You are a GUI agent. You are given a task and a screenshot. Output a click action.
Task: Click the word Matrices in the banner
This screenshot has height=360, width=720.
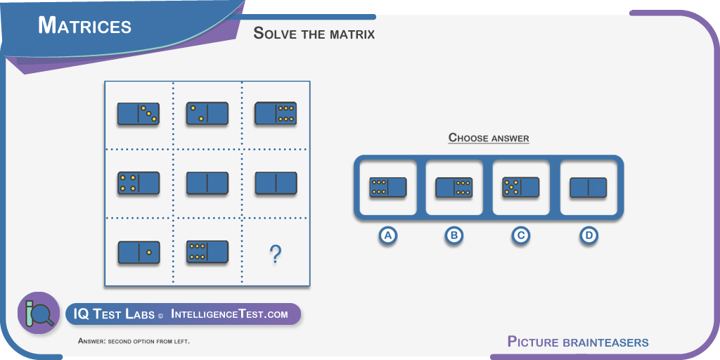(x=85, y=25)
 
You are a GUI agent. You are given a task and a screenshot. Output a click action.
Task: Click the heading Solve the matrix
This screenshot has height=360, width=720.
(x=314, y=33)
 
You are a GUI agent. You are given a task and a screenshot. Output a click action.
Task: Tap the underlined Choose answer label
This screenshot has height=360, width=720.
(x=489, y=137)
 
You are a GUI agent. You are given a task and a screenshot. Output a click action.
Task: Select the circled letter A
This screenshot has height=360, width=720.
(x=387, y=236)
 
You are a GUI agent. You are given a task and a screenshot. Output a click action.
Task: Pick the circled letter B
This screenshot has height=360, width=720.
(x=454, y=236)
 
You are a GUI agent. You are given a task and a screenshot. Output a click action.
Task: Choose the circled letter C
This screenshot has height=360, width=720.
(x=521, y=236)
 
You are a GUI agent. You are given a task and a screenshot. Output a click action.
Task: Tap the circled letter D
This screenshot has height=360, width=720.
(x=589, y=236)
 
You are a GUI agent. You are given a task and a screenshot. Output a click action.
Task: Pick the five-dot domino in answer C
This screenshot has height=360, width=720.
(x=521, y=187)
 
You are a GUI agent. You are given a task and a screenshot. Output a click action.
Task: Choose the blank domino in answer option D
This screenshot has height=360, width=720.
(x=589, y=188)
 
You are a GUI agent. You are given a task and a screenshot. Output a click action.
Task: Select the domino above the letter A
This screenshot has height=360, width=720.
(x=388, y=187)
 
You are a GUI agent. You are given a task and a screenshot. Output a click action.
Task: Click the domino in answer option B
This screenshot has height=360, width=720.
(x=454, y=187)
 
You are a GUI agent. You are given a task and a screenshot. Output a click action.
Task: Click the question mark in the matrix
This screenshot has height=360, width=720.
(x=275, y=254)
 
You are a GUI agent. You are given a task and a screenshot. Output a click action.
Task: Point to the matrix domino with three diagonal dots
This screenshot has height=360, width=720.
(x=139, y=114)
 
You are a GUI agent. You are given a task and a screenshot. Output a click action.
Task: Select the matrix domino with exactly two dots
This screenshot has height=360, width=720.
(x=207, y=113)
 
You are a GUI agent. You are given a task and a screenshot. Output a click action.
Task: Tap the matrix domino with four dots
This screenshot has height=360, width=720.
(x=139, y=183)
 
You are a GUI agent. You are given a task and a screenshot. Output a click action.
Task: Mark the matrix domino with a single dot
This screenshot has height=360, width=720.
(x=139, y=252)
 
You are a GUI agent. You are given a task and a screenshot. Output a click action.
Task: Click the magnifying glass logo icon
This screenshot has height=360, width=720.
(x=39, y=313)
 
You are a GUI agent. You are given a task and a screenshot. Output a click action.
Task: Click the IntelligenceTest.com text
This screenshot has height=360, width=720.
(x=230, y=314)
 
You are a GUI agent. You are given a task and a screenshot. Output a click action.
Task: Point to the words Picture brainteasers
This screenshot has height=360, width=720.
(x=578, y=342)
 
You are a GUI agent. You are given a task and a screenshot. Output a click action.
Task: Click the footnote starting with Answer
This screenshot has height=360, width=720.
(x=134, y=341)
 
